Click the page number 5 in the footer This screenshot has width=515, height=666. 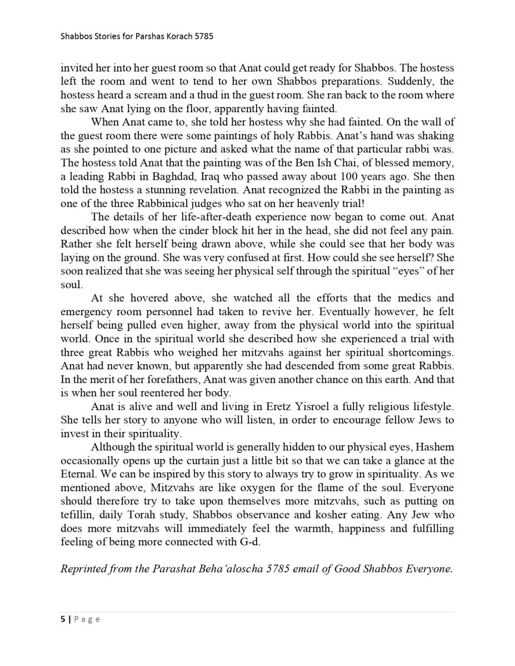63,619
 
